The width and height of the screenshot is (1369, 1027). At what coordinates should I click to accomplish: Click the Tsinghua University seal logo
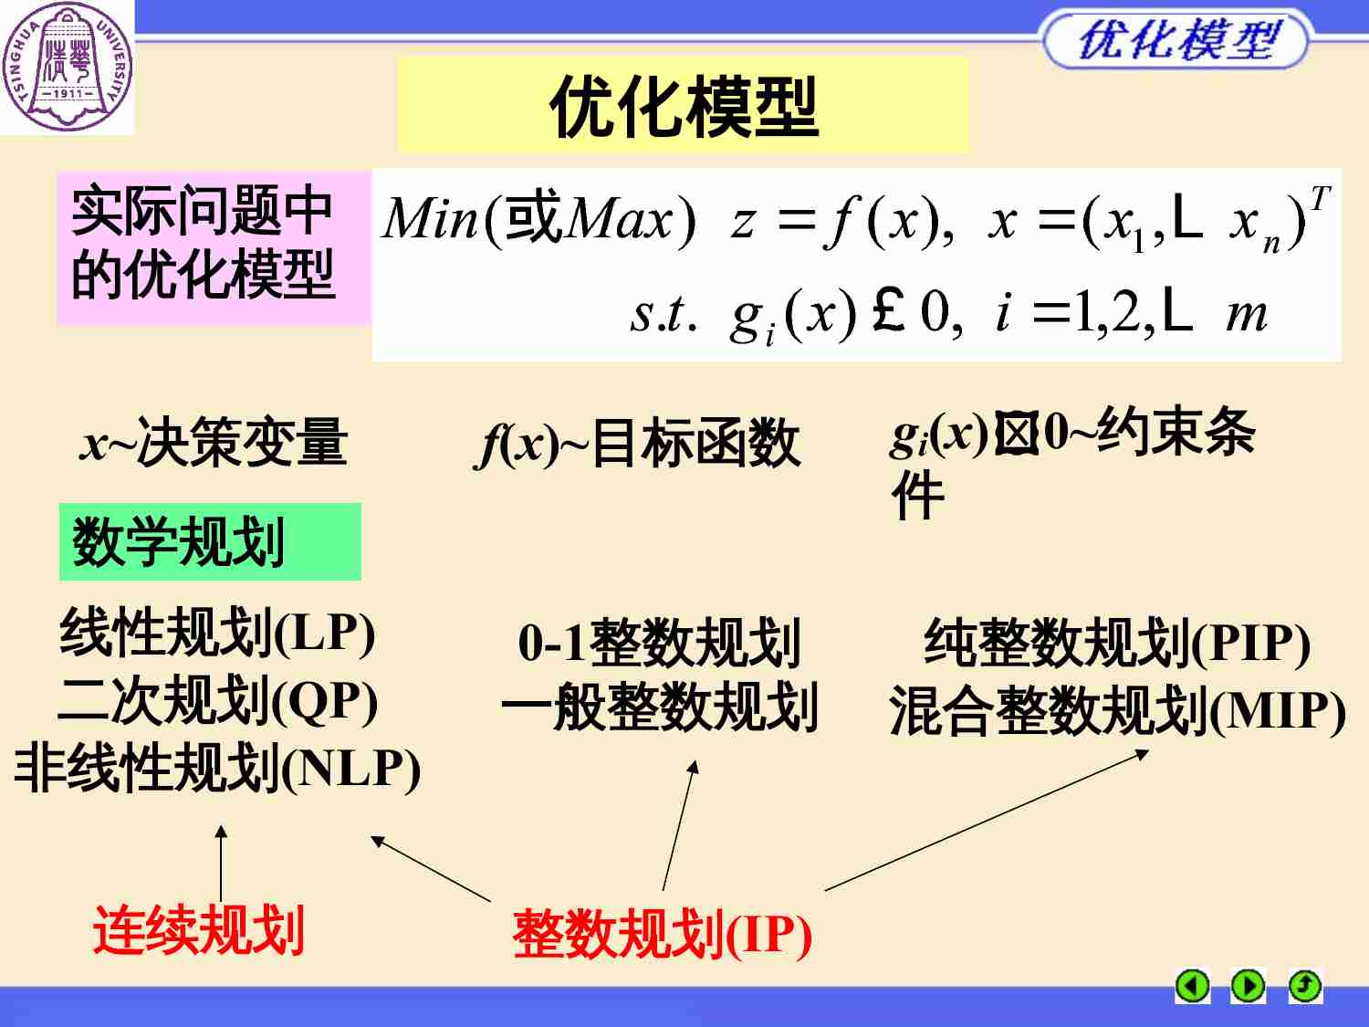pyautogui.click(x=67, y=67)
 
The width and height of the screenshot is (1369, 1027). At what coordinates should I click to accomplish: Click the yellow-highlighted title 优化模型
pyautogui.click(x=683, y=106)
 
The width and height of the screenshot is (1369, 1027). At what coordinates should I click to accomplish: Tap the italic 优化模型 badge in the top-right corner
pyautogui.click(x=1176, y=40)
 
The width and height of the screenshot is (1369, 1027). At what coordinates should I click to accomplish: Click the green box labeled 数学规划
pyautogui.click(x=209, y=541)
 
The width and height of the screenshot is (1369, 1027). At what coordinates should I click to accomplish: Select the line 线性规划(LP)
pyautogui.click(x=217, y=633)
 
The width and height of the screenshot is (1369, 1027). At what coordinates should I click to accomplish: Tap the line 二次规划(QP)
pyautogui.click(x=217, y=700)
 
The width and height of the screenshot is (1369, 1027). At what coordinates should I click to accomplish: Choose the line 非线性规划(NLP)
pyautogui.click(x=217, y=769)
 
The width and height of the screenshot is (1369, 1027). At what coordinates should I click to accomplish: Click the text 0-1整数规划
pyautogui.click(x=659, y=642)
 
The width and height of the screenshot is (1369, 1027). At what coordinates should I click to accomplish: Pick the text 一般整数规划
pyautogui.click(x=659, y=707)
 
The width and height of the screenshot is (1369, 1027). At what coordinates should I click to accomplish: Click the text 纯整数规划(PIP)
pyautogui.click(x=1117, y=643)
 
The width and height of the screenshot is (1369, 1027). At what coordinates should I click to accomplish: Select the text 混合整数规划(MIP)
pyautogui.click(x=1117, y=711)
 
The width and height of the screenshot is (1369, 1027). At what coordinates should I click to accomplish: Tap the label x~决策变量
pyautogui.click(x=214, y=443)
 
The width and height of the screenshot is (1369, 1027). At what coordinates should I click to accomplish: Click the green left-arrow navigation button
pyautogui.click(x=1192, y=987)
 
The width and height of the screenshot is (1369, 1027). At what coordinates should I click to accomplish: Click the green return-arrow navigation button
pyautogui.click(x=1305, y=987)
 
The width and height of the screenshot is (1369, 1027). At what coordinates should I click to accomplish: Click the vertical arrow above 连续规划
pyautogui.click(x=221, y=863)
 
